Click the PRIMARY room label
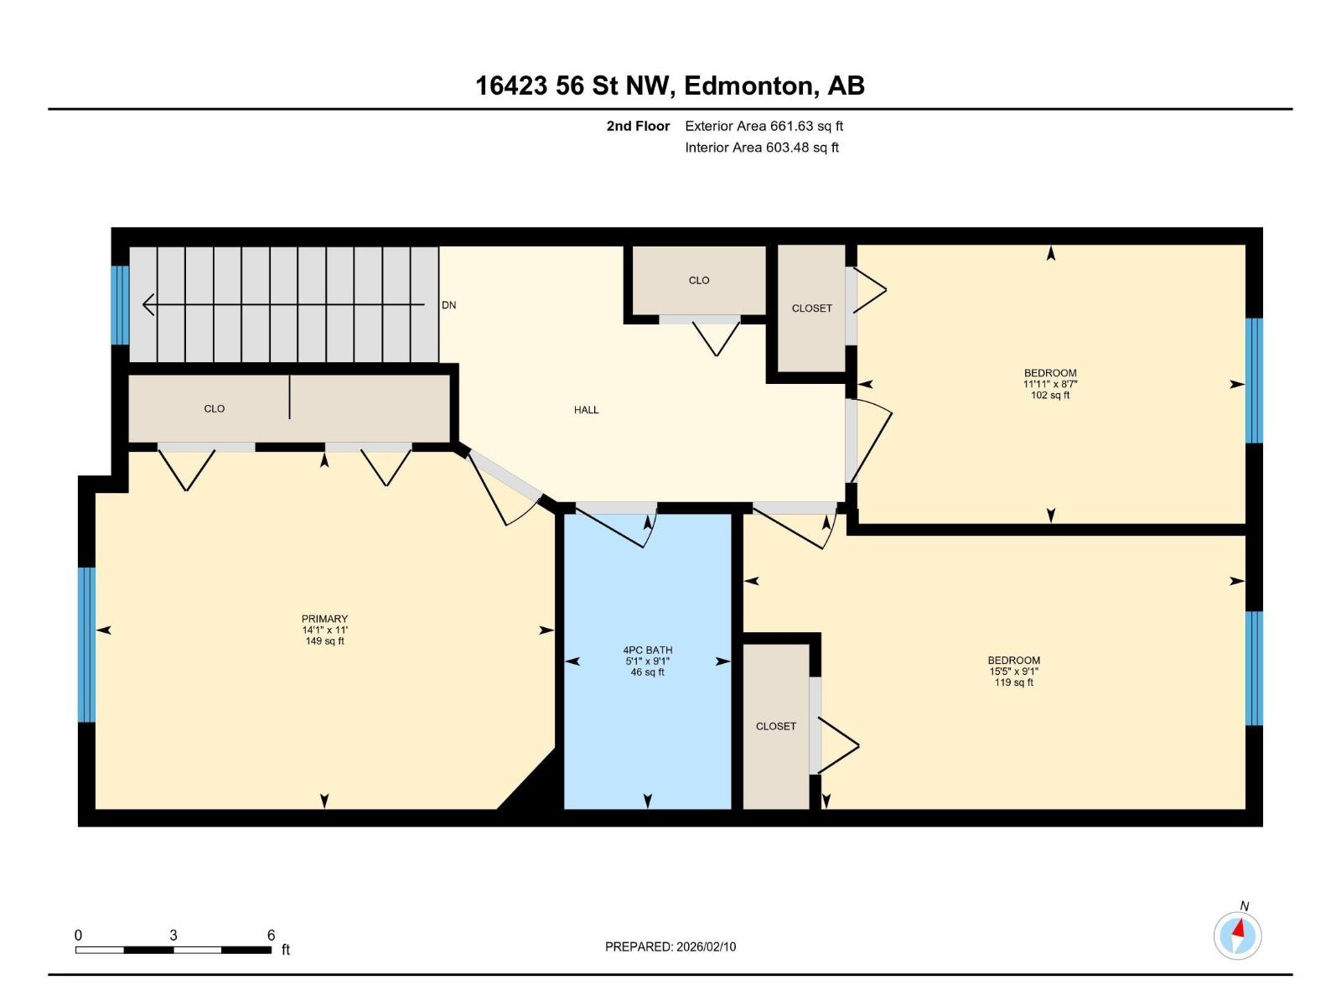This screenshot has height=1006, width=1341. tap(325, 620)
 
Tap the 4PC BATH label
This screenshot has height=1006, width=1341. tap(647, 650)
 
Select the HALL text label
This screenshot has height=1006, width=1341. tap(586, 410)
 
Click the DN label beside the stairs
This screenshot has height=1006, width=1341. tap(449, 305)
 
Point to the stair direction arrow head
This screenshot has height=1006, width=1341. tap(148, 304)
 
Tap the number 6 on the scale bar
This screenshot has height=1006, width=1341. tap(271, 935)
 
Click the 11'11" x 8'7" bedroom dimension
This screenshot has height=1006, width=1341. tap(1050, 384)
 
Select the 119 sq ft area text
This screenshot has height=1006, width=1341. tap(1013, 682)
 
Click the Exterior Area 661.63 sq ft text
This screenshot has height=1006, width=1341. tap(764, 127)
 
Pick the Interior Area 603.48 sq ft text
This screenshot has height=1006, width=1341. tap(761, 148)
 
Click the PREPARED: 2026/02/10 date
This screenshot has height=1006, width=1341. tap(670, 946)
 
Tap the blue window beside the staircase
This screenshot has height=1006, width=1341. tap(120, 305)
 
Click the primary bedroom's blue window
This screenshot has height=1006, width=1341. tap(86, 644)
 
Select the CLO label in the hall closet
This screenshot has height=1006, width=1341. tap(698, 281)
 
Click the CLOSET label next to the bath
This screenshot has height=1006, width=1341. tap(775, 726)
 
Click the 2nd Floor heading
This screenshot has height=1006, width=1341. tap(638, 127)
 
